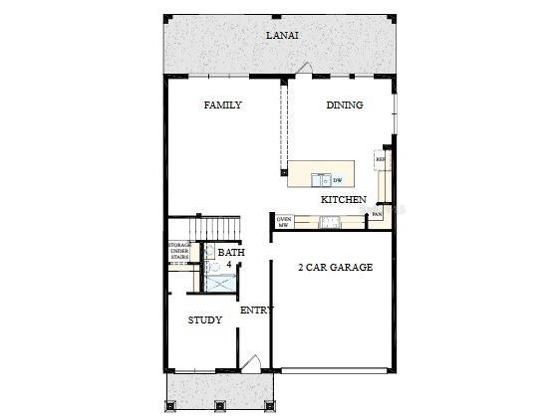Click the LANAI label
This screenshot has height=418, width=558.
pyautogui.click(x=282, y=36)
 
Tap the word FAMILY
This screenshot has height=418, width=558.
pyautogui.click(x=222, y=105)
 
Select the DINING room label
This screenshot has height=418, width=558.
pyautogui.click(x=344, y=105)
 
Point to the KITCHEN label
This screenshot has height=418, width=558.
pyautogui.click(x=343, y=200)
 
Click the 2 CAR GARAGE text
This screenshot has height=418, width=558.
pyautogui.click(x=335, y=267)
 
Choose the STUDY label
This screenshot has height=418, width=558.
pyautogui.click(x=205, y=319)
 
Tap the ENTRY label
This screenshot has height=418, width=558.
pyautogui.click(x=256, y=311)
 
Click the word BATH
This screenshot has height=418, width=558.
pyautogui.click(x=231, y=253)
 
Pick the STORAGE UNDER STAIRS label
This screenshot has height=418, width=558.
pyautogui.click(x=180, y=250)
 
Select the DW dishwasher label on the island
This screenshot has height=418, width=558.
pyautogui.click(x=338, y=180)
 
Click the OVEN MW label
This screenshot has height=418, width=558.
pyautogui.click(x=283, y=222)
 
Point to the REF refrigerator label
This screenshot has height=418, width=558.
pyautogui.click(x=380, y=158)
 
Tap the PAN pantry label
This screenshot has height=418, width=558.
pyautogui.click(x=377, y=214)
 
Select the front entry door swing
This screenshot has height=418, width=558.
pyautogui.click(x=251, y=365)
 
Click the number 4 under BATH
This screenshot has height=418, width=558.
pyautogui.click(x=228, y=265)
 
